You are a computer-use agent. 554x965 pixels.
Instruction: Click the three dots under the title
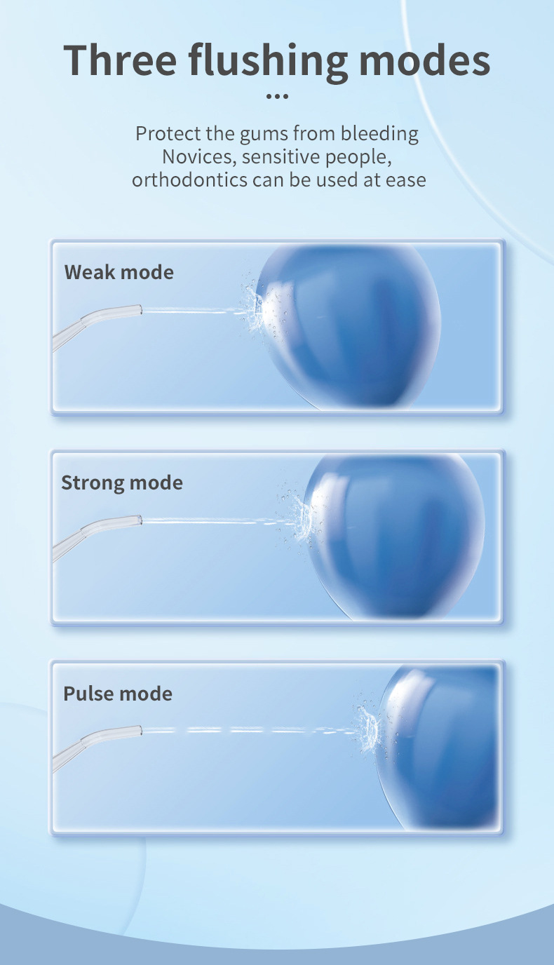pyautogui.click(x=278, y=97)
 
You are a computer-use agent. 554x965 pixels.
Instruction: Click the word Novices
pyautogui.click(x=199, y=156)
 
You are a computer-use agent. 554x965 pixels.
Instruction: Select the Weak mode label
pyautogui.click(x=119, y=272)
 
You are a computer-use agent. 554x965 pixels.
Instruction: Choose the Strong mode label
pyautogui.click(x=121, y=482)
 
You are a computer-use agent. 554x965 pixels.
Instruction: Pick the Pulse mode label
pyautogui.click(x=117, y=694)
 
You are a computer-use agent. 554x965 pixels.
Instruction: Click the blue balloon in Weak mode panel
pyautogui.click(x=351, y=323)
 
